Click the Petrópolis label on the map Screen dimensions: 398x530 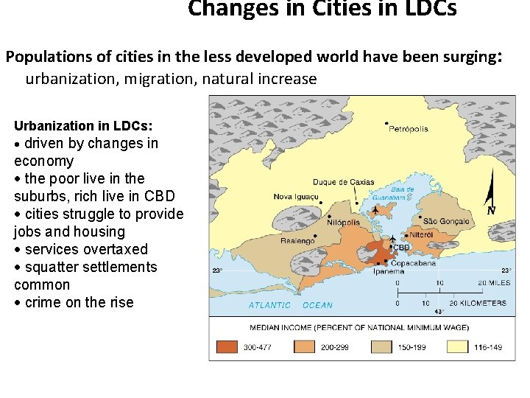tap(409, 129)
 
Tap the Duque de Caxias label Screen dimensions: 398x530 tap(343, 182)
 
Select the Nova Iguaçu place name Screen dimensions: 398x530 tap(297, 197)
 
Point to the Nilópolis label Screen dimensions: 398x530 tap(343, 221)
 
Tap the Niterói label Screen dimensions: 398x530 tap(421, 234)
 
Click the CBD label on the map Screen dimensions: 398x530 tap(401, 248)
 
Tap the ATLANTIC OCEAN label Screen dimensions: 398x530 tap(290, 305)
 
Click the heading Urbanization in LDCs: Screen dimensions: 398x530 tap(83, 125)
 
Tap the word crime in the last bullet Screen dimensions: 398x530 tap(42, 302)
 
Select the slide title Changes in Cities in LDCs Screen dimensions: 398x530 tap(322, 9)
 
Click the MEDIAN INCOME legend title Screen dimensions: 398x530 tap(359, 327)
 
